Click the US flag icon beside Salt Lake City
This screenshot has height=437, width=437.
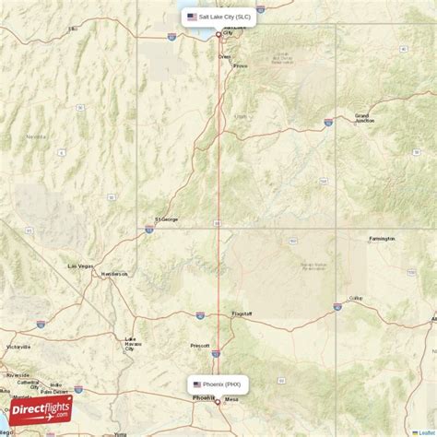tap(191, 17)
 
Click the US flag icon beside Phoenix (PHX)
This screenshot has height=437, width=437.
tap(197, 384)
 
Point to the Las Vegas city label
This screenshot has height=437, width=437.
tap(80, 266)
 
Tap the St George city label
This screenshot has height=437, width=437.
tap(167, 219)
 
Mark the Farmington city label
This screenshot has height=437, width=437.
tap(382, 238)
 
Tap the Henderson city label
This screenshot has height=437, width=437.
tap(115, 274)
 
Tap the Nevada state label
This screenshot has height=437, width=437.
tap(35, 136)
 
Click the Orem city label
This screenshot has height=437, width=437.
tap(224, 56)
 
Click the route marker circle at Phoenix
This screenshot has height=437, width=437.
tap(218, 401)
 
